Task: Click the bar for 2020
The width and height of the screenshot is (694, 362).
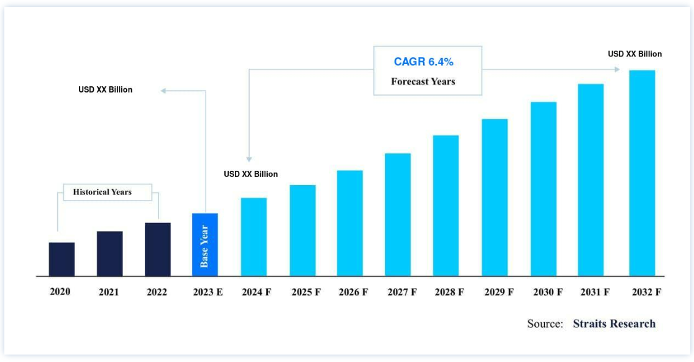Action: pyautogui.click(x=62, y=259)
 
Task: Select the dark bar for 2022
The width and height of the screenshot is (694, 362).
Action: pyautogui.click(x=158, y=249)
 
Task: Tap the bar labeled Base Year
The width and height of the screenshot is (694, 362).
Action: pyautogui.click(x=205, y=245)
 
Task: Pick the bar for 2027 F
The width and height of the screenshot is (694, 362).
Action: pyautogui.click(x=398, y=214)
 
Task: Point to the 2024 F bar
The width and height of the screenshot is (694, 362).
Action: pyautogui.click(x=253, y=237)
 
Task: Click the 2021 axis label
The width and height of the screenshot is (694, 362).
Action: pyautogui.click(x=109, y=292)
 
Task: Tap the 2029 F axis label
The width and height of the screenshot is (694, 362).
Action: pyautogui.click(x=499, y=292)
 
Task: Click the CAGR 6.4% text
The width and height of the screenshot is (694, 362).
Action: pyautogui.click(x=424, y=61)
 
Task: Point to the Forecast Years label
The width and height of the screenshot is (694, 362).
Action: pyautogui.click(x=423, y=81)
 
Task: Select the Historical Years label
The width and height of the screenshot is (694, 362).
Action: pyautogui.click(x=103, y=192)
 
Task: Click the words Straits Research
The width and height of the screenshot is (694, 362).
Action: pyautogui.click(x=614, y=324)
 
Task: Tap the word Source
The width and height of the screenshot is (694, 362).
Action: pyautogui.click(x=545, y=324)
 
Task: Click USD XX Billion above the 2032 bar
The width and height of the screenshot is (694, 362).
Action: pyautogui.click(x=635, y=54)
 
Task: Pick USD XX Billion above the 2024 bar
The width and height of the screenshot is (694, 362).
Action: pyautogui.click(x=251, y=174)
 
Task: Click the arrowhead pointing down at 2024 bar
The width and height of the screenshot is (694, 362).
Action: pyautogui.click(x=249, y=159)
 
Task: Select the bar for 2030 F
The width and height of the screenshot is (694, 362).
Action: pyautogui.click(x=544, y=189)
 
